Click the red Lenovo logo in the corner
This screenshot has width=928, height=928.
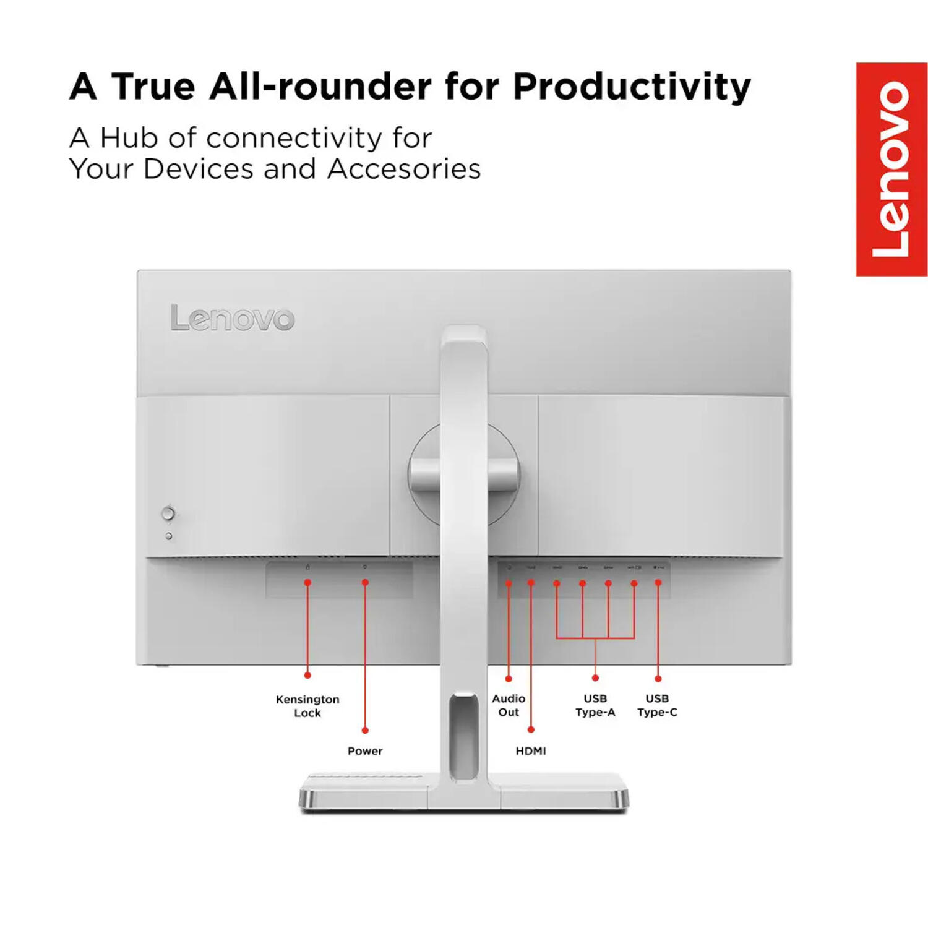[x=891, y=170]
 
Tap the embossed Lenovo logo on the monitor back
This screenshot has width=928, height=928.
[x=232, y=318]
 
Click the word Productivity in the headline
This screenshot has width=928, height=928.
[x=632, y=87]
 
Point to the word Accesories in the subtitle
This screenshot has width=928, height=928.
[x=404, y=169]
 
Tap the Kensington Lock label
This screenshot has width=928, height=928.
[x=307, y=706]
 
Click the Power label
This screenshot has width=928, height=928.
[x=365, y=751]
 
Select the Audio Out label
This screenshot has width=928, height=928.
[x=509, y=705]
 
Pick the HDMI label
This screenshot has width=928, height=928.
[x=531, y=751]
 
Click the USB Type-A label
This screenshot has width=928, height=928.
[x=595, y=705]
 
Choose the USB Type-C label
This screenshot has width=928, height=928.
[x=657, y=705]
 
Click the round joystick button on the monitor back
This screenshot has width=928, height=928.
[x=168, y=513]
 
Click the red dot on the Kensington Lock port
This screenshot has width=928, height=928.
[x=307, y=583]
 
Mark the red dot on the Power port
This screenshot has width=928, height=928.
[x=365, y=583]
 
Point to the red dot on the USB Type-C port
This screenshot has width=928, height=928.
[x=658, y=583]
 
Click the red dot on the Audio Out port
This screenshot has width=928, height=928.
[x=509, y=583]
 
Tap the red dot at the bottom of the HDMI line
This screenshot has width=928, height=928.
[x=531, y=730]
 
